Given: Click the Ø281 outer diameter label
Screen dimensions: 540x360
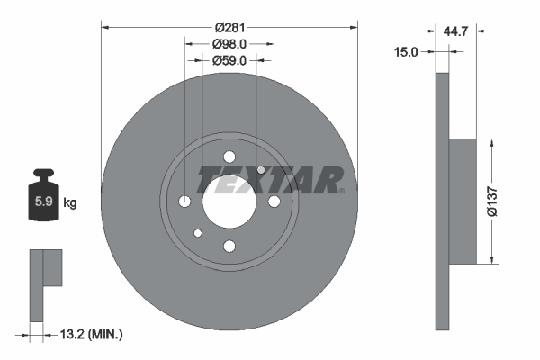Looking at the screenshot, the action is pyautogui.click(x=229, y=27).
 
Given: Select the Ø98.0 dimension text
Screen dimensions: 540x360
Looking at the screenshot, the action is pyautogui.click(x=229, y=44).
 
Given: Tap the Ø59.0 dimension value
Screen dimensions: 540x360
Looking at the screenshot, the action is pyautogui.click(x=229, y=60).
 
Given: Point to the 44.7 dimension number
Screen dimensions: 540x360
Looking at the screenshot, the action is pyautogui.click(x=455, y=31).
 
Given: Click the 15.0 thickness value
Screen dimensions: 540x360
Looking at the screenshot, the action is pyautogui.click(x=406, y=52).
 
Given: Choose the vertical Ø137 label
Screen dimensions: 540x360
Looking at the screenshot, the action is pyautogui.click(x=492, y=202).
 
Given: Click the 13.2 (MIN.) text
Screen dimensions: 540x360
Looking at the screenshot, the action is pyautogui.click(x=91, y=334).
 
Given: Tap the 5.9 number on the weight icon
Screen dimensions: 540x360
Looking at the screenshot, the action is pyautogui.click(x=44, y=202).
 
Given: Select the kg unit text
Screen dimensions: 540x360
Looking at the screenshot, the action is pyautogui.click(x=70, y=202).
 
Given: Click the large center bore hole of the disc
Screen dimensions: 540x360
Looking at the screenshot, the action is pyautogui.click(x=229, y=202).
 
